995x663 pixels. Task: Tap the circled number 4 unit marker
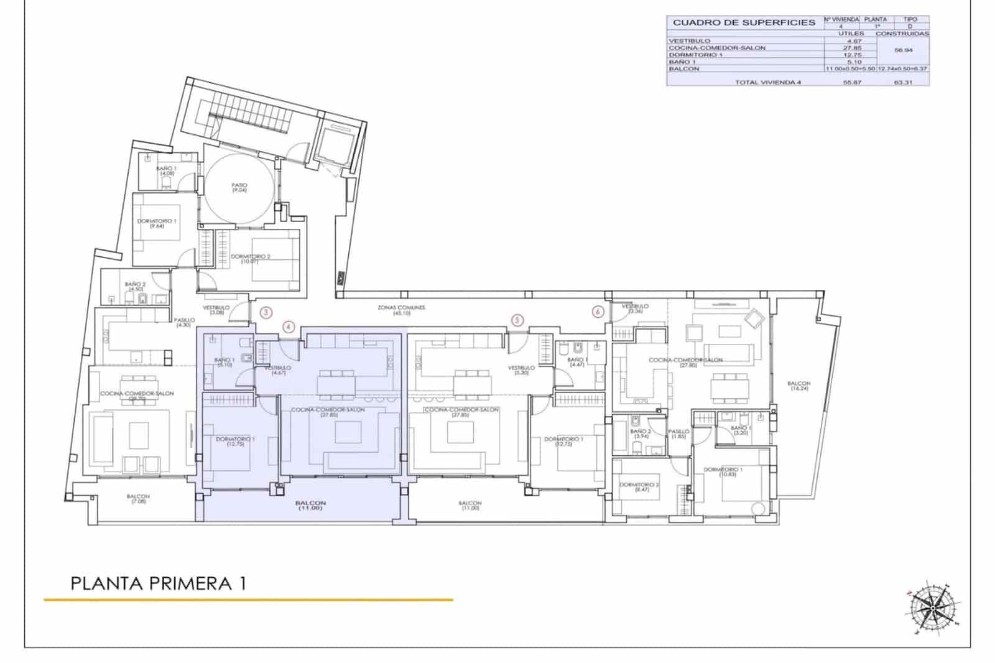[x=288, y=327]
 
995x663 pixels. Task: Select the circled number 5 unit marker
[x=517, y=320]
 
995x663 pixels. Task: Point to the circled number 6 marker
[x=598, y=312]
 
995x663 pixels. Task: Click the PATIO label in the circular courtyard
[x=239, y=187]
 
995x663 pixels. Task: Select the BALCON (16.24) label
[x=799, y=386]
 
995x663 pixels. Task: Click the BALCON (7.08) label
[x=138, y=498]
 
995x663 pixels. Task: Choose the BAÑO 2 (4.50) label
[x=135, y=286]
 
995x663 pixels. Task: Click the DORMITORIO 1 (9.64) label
[x=157, y=223]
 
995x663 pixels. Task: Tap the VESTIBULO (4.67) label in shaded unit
[x=277, y=370]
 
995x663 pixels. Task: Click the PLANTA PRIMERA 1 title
[x=159, y=583]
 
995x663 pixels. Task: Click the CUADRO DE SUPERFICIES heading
[x=744, y=22]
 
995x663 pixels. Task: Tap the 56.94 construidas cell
[x=902, y=51]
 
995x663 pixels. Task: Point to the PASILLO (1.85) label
[x=678, y=433]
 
